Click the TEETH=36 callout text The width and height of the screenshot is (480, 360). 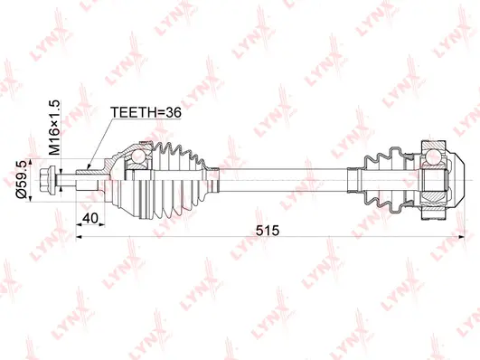146,112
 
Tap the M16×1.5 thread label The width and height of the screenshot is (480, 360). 55,128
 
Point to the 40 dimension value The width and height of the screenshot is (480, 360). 90,218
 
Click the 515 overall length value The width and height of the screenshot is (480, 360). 268,230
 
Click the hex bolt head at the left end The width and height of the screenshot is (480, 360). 47,180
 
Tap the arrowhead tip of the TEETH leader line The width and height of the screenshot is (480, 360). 88,170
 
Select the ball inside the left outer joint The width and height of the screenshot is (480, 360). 138,156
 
